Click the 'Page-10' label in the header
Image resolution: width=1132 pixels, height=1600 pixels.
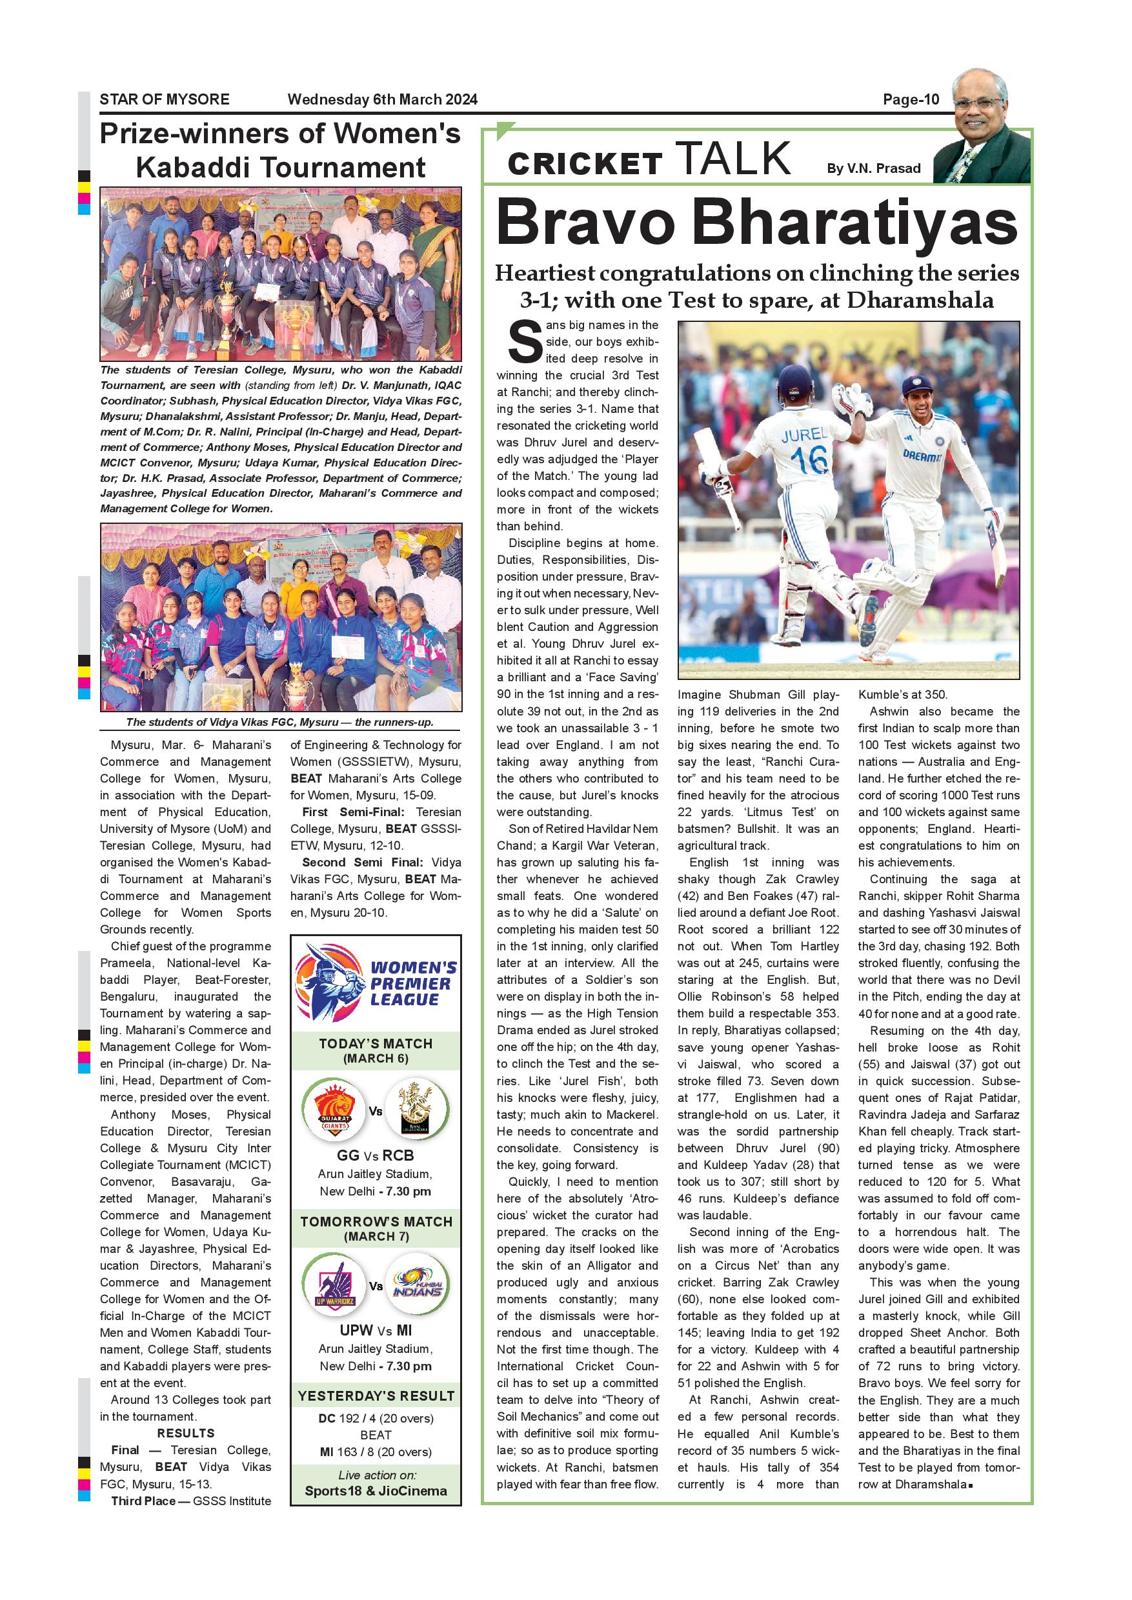(x=911, y=99)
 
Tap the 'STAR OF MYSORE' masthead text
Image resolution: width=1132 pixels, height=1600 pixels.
(x=165, y=99)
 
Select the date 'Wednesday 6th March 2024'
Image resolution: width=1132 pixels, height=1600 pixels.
(x=382, y=99)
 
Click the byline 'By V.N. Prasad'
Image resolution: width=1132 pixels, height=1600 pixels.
(x=873, y=168)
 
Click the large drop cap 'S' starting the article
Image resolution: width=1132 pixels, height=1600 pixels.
(x=525, y=342)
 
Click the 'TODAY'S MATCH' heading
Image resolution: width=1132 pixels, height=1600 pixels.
(x=376, y=1044)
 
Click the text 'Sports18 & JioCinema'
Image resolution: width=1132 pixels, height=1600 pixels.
(x=376, y=1491)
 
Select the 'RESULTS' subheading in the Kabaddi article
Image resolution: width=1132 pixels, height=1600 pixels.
(x=185, y=1433)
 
